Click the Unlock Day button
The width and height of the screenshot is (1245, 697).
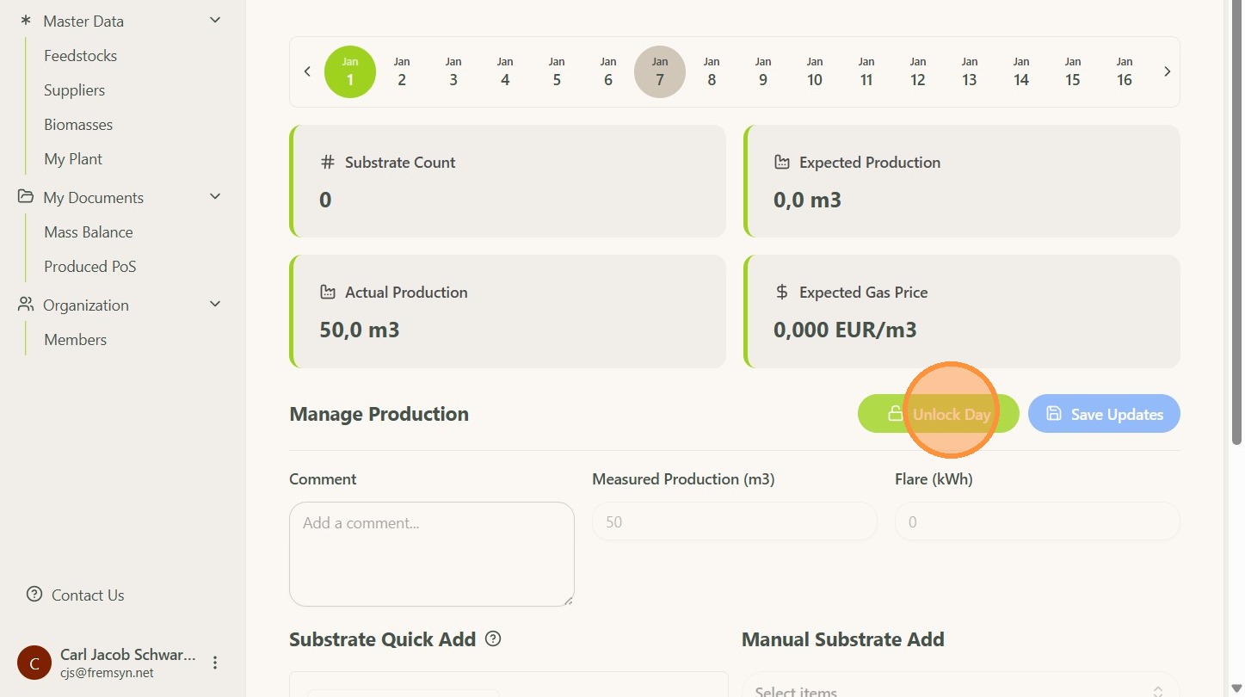(938, 414)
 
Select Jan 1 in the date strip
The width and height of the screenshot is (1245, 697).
(350, 71)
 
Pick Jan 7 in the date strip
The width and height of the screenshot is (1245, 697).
(660, 71)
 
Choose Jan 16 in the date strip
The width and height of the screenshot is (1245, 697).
(1124, 71)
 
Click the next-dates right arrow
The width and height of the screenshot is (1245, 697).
(1167, 71)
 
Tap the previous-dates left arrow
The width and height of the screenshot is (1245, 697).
(307, 71)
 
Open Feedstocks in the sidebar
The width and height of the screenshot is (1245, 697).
(80, 56)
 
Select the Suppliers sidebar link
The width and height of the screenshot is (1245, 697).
(74, 90)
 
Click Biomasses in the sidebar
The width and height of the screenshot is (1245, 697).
(78, 125)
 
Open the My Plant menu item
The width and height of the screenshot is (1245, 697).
(73, 159)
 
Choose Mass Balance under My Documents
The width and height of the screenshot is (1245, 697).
(89, 232)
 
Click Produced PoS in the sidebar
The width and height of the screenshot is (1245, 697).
(90, 267)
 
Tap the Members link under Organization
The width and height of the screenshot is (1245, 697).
(76, 340)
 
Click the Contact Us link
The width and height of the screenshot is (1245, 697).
(87, 595)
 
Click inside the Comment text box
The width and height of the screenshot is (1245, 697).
(431, 554)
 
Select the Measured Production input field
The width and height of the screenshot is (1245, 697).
(734, 521)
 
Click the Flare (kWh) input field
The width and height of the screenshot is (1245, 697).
(1037, 521)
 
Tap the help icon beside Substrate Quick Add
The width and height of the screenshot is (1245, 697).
(493, 638)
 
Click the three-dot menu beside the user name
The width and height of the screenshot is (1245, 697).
(215, 663)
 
